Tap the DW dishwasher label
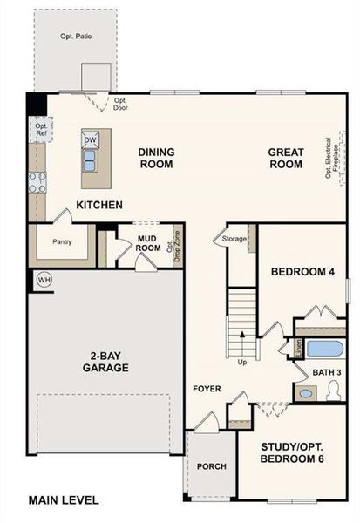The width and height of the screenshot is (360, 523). tap(90, 140)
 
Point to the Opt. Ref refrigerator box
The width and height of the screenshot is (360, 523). tap(41, 130)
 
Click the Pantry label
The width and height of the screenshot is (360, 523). tap(61, 242)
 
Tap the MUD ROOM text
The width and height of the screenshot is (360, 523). tap(149, 242)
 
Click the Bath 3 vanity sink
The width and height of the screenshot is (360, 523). tap(305, 393)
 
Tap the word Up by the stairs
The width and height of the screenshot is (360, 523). tap(241, 361)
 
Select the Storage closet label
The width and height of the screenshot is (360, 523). tap(234, 237)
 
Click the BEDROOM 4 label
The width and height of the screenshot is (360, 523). tap(302, 272)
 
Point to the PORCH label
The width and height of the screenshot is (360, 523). tap(211, 466)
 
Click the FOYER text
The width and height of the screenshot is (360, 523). tap(207, 389)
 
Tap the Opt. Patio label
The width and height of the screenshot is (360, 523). tap(77, 38)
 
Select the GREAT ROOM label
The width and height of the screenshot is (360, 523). tap(285, 158)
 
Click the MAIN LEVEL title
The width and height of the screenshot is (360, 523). tap(63, 500)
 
